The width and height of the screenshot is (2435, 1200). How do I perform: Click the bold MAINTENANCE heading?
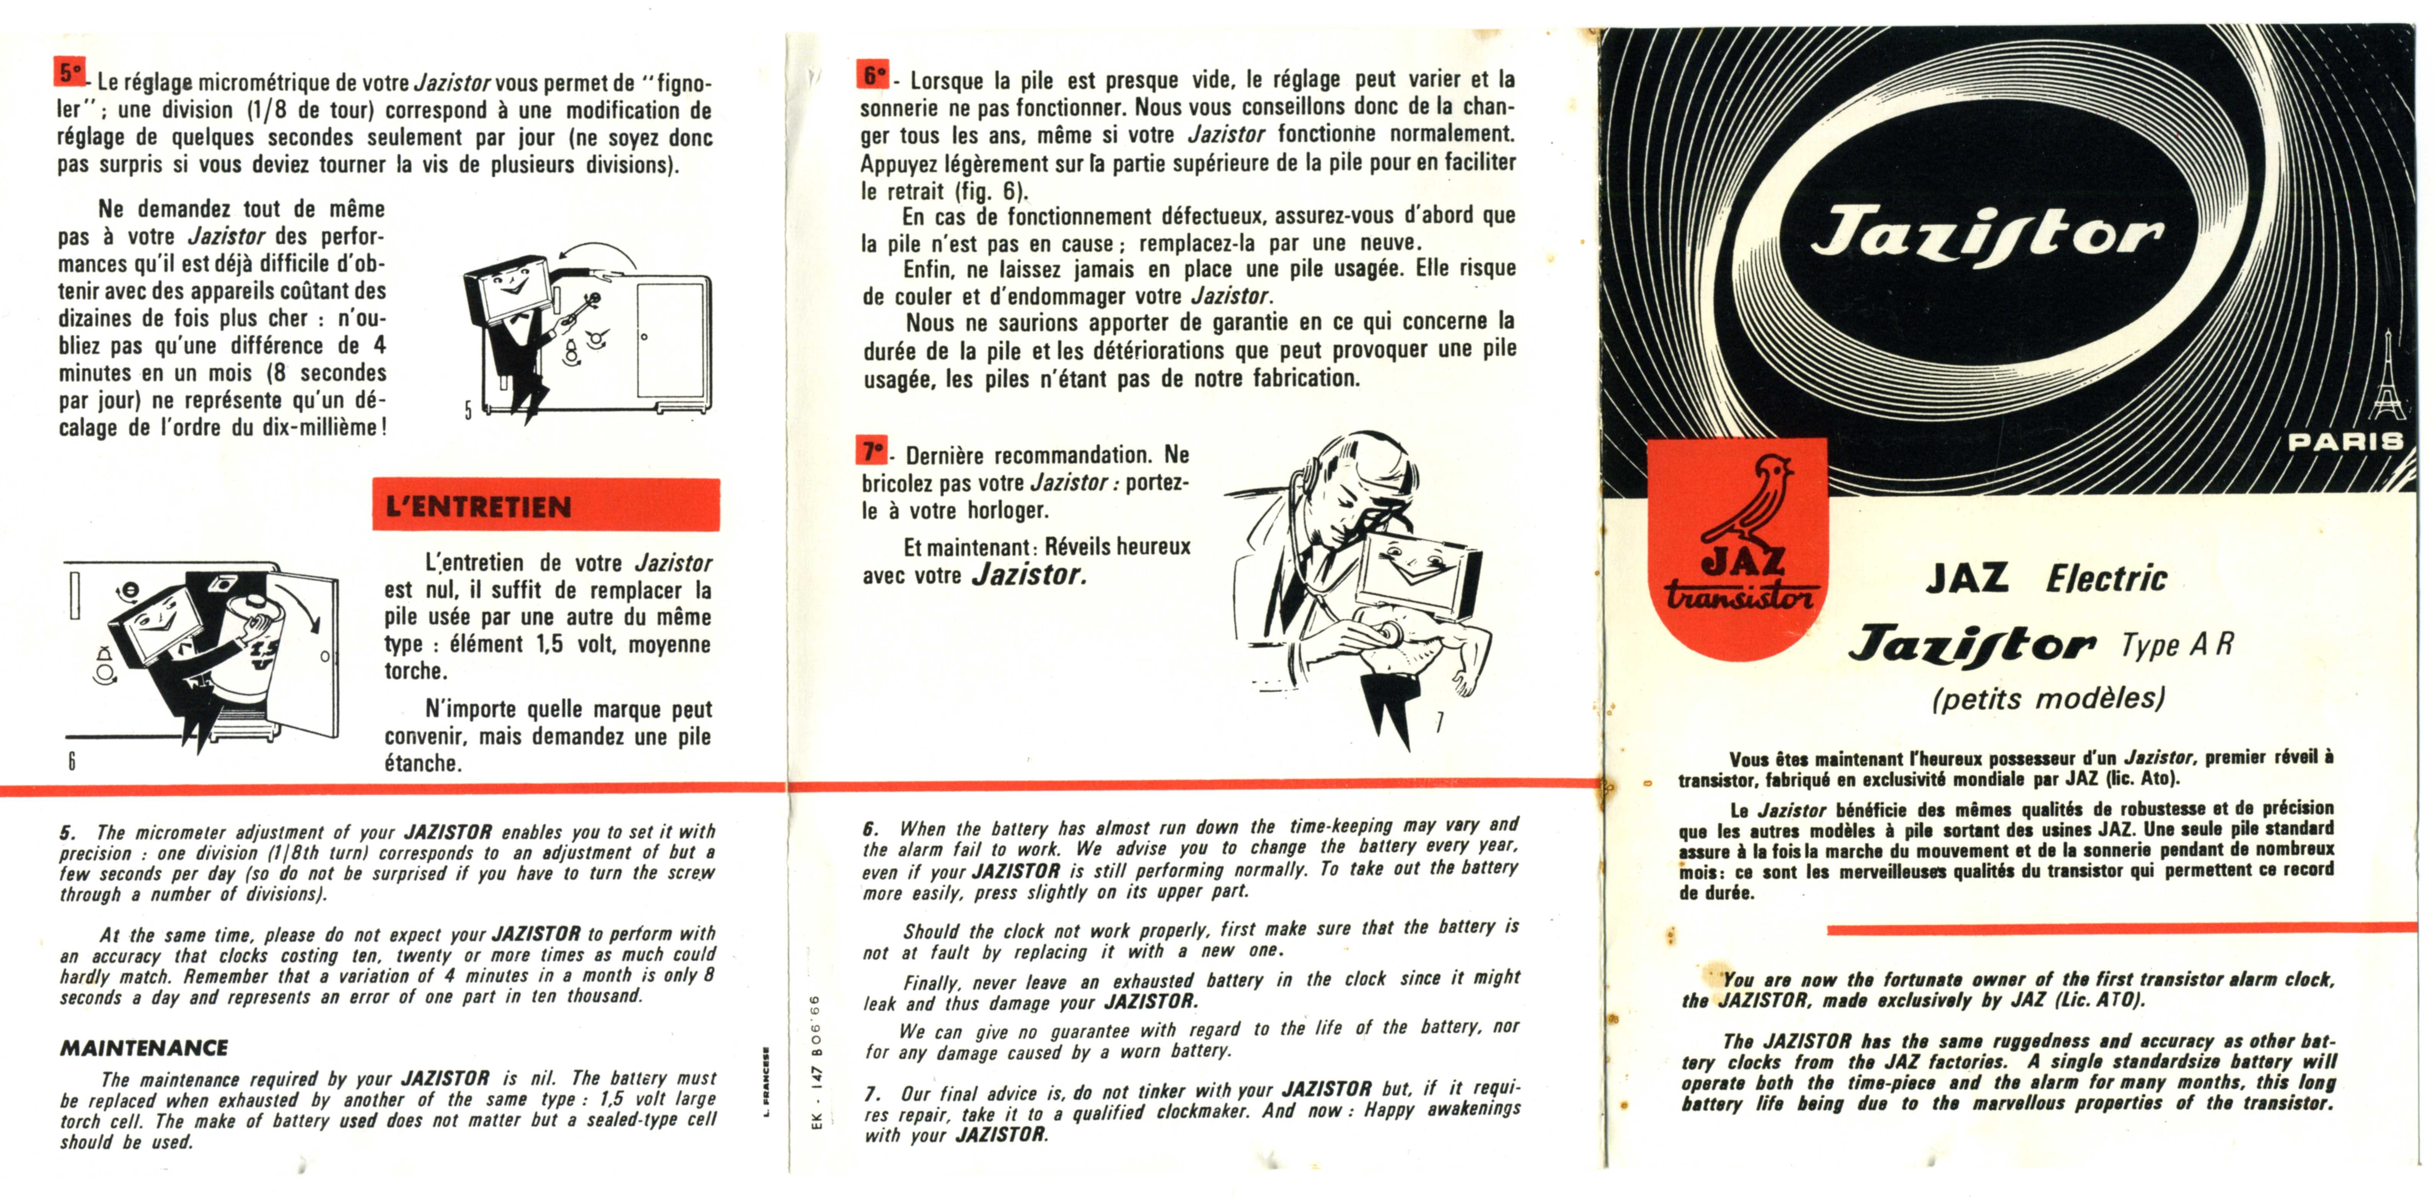click(144, 1048)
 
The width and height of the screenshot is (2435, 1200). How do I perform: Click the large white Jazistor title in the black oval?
click(1985, 236)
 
